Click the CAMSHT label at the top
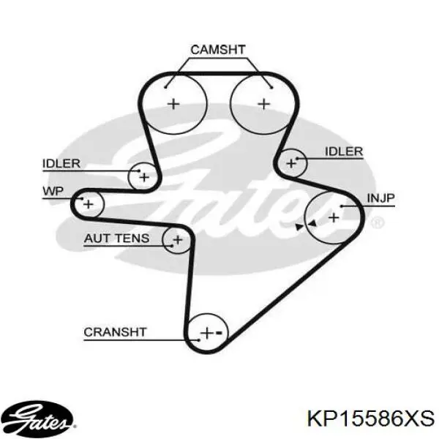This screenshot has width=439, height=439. (x=218, y=50)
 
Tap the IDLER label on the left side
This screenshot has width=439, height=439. (x=61, y=163)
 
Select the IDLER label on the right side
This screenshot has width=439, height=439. (x=344, y=151)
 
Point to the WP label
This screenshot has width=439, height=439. (x=53, y=191)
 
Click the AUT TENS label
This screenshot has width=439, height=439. (x=117, y=239)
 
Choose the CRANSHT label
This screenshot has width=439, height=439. (x=115, y=332)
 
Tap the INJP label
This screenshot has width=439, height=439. (x=380, y=198)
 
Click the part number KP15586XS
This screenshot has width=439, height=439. (x=371, y=419)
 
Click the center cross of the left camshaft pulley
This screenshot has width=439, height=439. (x=173, y=104)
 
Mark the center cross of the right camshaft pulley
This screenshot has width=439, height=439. (x=263, y=104)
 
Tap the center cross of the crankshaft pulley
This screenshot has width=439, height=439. (x=207, y=333)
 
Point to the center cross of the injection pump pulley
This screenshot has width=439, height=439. (x=334, y=217)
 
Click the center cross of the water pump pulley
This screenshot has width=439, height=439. (x=89, y=204)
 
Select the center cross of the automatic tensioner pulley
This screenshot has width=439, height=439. (x=178, y=240)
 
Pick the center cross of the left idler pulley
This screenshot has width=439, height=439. (x=144, y=177)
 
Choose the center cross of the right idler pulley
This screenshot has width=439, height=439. (x=291, y=163)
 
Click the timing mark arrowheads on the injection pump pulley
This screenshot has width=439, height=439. (x=306, y=225)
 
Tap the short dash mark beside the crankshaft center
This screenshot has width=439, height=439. (x=219, y=333)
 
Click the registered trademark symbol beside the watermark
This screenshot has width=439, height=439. (x=377, y=223)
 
